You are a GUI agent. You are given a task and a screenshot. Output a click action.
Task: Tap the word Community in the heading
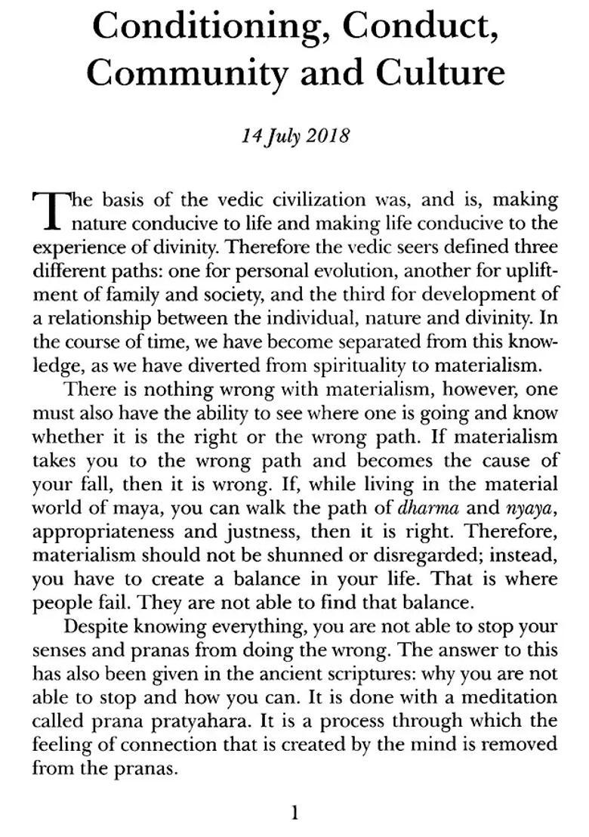pos(183,73)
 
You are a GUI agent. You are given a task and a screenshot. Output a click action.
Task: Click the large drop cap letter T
pos(48,212)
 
